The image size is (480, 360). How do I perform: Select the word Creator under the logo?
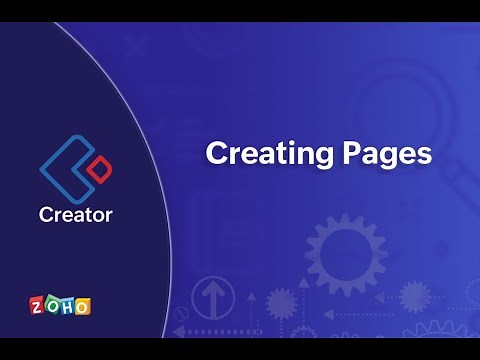75,214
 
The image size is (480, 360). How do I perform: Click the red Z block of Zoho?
37,305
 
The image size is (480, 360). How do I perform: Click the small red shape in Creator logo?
97,171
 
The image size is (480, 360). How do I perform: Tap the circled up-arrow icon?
215,297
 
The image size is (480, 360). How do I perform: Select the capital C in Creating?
216,153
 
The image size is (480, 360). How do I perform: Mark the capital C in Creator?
46,214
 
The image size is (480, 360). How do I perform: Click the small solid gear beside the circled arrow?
281,302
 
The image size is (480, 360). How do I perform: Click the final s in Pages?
425,155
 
